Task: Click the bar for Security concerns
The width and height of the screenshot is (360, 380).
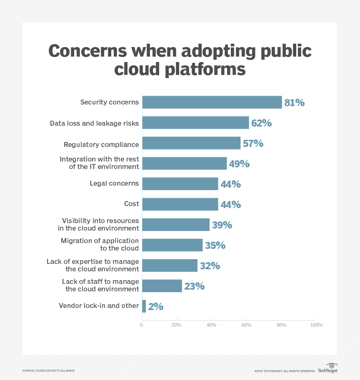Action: coord(212,102)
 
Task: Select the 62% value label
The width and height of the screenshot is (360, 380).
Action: coord(261,123)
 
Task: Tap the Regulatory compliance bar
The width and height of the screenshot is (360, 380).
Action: coord(191,143)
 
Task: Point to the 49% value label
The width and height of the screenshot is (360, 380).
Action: coord(239,164)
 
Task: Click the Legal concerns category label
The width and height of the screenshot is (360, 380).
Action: coord(114,184)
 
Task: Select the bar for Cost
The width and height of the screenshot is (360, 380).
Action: coord(180,204)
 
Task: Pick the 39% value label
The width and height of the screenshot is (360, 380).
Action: coord(222,225)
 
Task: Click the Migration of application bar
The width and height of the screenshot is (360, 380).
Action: coord(172,245)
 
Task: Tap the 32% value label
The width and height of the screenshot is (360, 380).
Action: coord(210,266)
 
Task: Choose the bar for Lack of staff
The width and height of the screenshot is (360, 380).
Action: coord(162,286)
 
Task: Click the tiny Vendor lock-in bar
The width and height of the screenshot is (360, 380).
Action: coord(144,306)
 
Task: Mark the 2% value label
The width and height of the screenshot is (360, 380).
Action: coord(156,307)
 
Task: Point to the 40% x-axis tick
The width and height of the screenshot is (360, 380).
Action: coord(211,325)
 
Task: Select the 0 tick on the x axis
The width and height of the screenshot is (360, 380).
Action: coord(142,325)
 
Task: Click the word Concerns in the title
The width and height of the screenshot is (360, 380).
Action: coord(87,52)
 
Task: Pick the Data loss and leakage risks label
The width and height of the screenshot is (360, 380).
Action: coord(94,123)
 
